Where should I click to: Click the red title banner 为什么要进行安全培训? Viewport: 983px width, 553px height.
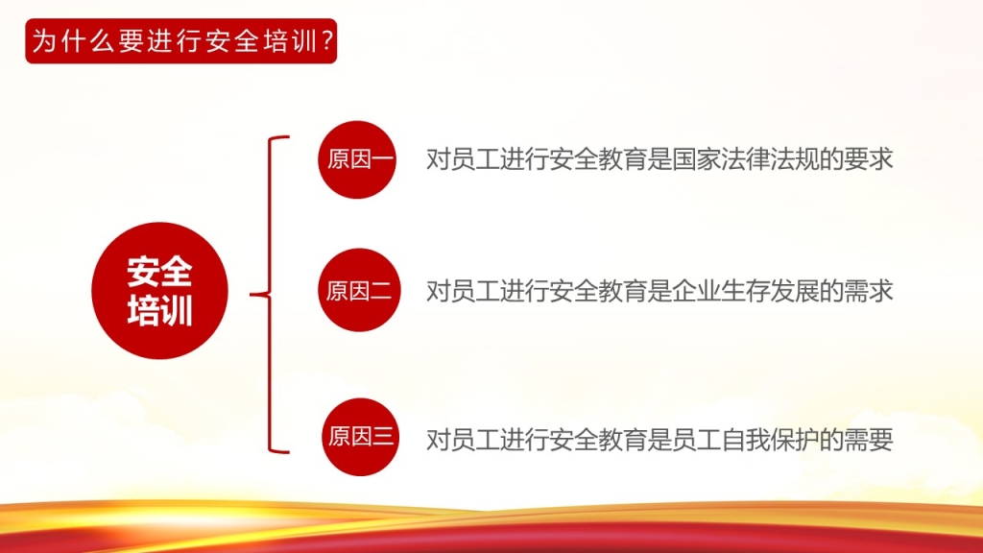[x=181, y=41]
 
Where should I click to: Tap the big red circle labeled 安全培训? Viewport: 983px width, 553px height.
[x=160, y=290]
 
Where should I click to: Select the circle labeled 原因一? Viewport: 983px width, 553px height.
[x=357, y=160]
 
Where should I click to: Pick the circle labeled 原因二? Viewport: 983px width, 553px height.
[x=359, y=290]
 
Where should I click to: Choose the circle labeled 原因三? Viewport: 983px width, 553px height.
[x=361, y=437]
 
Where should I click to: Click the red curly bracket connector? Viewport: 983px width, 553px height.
[x=271, y=294]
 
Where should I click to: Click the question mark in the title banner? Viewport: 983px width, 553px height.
[x=326, y=41]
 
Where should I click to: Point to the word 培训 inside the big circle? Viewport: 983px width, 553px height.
[x=160, y=310]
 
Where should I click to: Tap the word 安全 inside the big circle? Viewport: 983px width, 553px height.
[x=160, y=272]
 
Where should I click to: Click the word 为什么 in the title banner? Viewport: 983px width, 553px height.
[x=74, y=41]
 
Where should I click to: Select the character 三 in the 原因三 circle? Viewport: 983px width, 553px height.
[x=383, y=437]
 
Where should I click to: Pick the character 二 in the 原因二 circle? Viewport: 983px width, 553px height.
[x=381, y=291]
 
